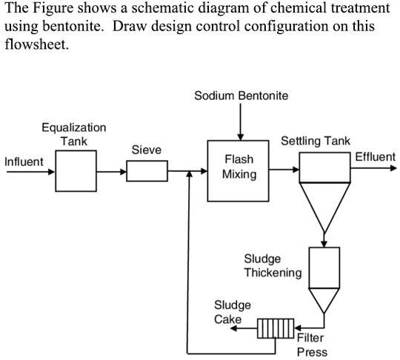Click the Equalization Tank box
(75, 171)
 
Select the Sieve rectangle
(147, 171)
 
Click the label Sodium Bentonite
(241, 96)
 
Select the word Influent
(24, 161)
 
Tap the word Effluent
(375, 157)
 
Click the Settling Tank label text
(316, 141)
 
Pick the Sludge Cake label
(232, 312)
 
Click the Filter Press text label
(311, 345)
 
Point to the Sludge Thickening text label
(273, 265)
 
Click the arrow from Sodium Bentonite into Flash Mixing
(240, 122)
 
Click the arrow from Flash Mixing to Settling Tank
(284, 170)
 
